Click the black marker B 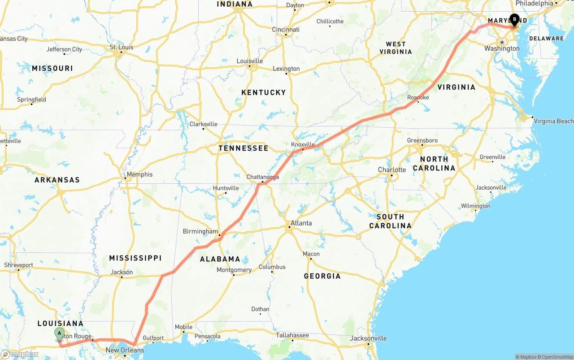514,20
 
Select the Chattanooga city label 263,177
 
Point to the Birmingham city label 200,231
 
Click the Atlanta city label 301,223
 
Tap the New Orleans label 125,350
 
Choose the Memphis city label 139,174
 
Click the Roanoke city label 418,97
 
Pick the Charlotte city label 391,169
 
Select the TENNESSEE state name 244,148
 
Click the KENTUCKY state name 264,92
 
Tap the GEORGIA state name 322,276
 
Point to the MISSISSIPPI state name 135,258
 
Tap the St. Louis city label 122,47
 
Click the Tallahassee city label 292,335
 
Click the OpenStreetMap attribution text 554,357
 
